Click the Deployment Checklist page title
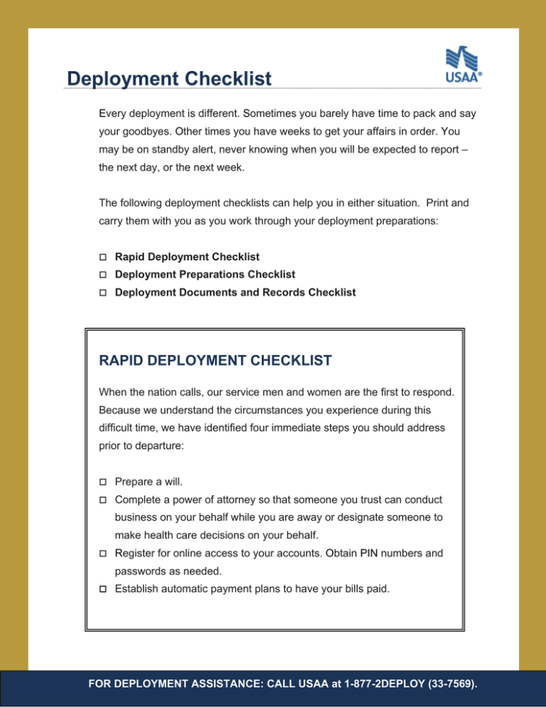(x=168, y=78)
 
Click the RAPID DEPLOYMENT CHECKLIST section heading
(x=215, y=361)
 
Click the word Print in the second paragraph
(x=423, y=203)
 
